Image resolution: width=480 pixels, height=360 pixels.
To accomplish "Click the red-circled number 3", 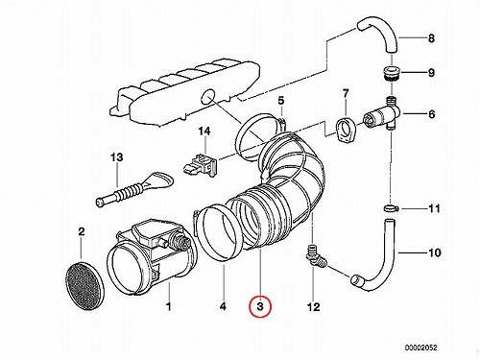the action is [x=260, y=306].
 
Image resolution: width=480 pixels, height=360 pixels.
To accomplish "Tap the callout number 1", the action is [x=168, y=306].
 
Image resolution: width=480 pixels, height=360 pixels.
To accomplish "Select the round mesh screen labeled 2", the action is [x=84, y=286].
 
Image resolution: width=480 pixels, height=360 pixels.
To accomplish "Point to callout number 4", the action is [x=223, y=306].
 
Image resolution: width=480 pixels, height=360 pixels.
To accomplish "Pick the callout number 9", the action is [x=432, y=73].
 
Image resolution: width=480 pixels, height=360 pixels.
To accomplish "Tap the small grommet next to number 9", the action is [x=391, y=73].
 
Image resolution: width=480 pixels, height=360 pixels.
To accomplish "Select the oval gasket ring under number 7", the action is [x=346, y=131].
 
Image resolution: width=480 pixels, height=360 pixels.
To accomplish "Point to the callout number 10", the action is [x=434, y=252].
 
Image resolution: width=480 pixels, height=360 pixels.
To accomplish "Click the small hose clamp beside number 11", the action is [x=391, y=207].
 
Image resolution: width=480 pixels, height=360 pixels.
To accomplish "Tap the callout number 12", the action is [x=313, y=306].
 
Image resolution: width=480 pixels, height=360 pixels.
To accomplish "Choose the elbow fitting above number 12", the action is [x=315, y=256].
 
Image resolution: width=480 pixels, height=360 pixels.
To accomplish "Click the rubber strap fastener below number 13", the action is [x=134, y=188].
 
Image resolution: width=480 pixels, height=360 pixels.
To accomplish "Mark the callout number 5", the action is [x=280, y=101].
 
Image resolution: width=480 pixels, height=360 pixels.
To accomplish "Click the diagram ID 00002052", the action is [x=420, y=348].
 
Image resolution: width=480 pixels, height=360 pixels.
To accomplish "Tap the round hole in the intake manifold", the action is [x=209, y=97].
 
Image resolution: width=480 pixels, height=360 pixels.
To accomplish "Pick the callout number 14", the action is [x=204, y=131].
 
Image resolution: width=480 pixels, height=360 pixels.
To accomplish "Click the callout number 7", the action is [x=346, y=94].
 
